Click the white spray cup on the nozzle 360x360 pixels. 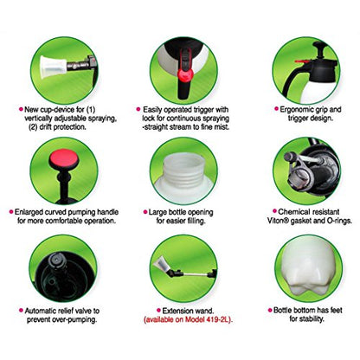pos(54,67)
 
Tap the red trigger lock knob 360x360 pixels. pos(185,75)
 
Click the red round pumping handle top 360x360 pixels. pos(64,157)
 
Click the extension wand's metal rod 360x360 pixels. pos(193,273)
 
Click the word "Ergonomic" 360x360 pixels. pos(297,110)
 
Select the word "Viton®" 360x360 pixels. pos(277,221)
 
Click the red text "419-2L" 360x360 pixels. pos(219,319)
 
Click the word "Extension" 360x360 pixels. pos(177,311)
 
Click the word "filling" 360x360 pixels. pos(196,222)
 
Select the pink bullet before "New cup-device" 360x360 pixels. pos(21,110)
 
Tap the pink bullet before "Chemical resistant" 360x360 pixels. pos(274,211)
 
